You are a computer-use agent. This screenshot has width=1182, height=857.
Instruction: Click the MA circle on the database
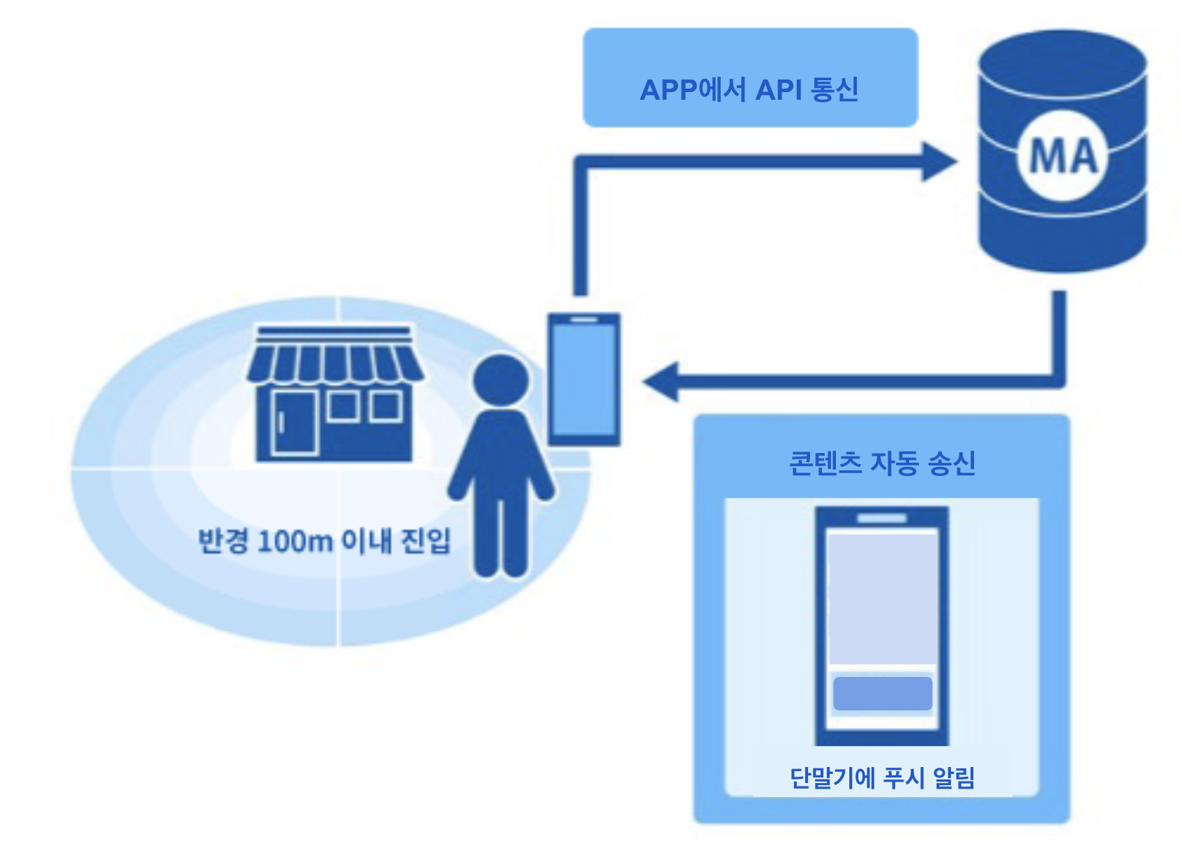(x=1063, y=156)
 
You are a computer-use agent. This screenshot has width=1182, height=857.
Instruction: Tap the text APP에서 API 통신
(x=749, y=90)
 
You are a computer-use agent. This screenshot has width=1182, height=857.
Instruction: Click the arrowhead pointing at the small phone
(x=661, y=382)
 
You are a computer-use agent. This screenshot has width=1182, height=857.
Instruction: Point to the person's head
(x=500, y=380)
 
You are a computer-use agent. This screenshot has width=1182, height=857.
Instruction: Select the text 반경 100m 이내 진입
(x=324, y=541)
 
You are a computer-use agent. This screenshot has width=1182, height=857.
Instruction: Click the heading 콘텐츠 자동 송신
(x=882, y=463)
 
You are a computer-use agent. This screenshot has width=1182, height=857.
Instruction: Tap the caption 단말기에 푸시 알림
(x=882, y=777)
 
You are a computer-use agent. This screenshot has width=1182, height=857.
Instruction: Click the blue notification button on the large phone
(x=883, y=693)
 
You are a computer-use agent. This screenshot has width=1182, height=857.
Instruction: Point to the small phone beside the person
(x=584, y=379)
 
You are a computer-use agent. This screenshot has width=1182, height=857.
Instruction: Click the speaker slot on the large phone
(x=882, y=518)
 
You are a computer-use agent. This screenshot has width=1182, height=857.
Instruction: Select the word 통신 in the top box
(x=835, y=90)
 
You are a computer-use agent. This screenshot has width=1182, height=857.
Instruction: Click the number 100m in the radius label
(x=294, y=542)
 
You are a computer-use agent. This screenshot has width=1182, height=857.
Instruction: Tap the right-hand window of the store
(x=386, y=405)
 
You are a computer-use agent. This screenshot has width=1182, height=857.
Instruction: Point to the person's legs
(x=500, y=534)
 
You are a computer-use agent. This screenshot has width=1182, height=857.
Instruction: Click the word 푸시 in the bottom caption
(x=904, y=777)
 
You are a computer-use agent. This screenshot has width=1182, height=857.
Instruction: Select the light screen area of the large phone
(x=882, y=597)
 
